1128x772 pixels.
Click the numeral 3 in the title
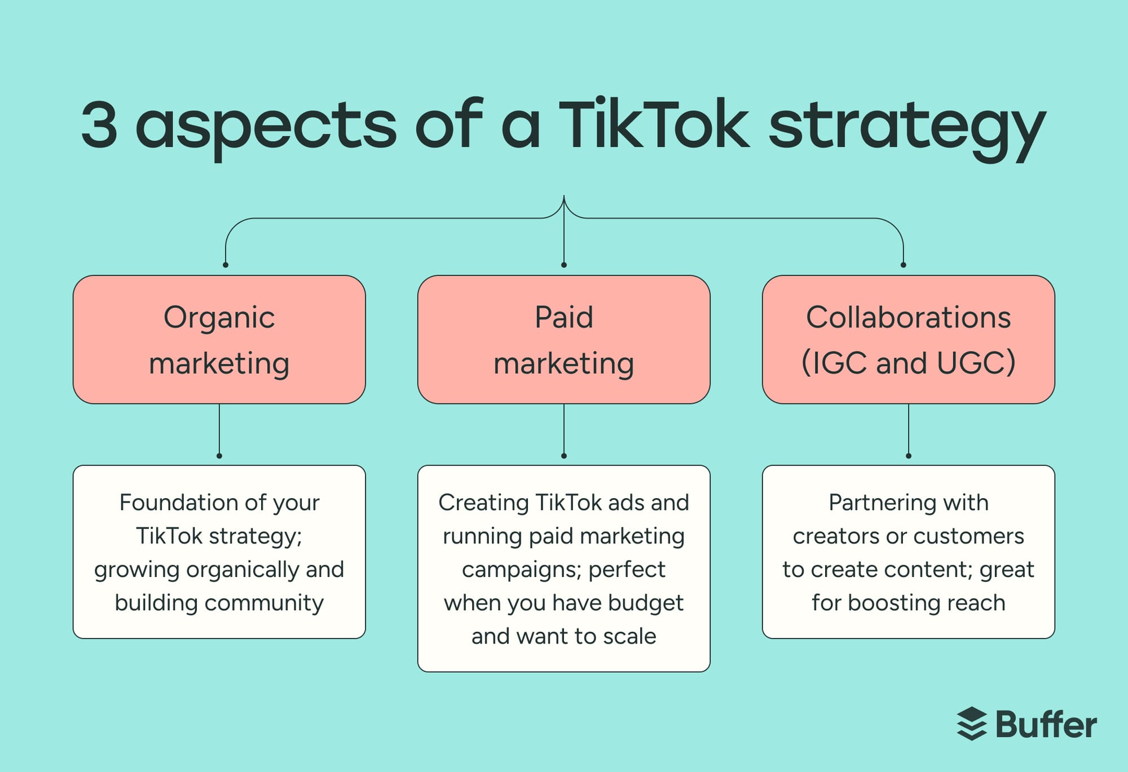click(x=100, y=125)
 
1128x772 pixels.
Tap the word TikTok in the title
click(x=654, y=125)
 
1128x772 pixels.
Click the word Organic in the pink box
click(x=219, y=318)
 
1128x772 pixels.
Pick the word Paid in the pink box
click(x=563, y=317)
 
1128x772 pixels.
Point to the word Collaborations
click(x=908, y=317)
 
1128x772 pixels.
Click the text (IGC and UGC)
click(x=908, y=363)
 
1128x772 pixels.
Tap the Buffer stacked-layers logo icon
click(x=971, y=724)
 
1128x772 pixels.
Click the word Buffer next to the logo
click(x=1046, y=725)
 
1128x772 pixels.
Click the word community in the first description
click(x=264, y=603)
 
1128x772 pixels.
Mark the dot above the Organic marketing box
click(x=226, y=265)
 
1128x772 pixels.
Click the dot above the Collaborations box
click(x=904, y=265)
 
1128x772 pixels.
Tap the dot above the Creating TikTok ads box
click(x=564, y=456)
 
